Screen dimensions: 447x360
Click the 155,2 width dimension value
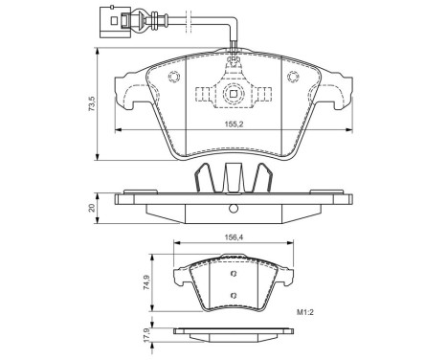tap(234, 124)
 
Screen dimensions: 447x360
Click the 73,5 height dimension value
tap(92, 103)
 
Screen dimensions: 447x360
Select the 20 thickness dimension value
tap(92, 208)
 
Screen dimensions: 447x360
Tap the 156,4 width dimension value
tap(233, 236)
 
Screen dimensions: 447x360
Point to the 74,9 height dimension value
tap(146, 282)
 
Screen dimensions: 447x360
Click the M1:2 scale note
tap(305, 312)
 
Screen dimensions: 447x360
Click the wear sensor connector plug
tap(114, 21)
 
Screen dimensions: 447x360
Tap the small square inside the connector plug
tap(114, 21)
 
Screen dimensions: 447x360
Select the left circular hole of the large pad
tap(174, 77)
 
